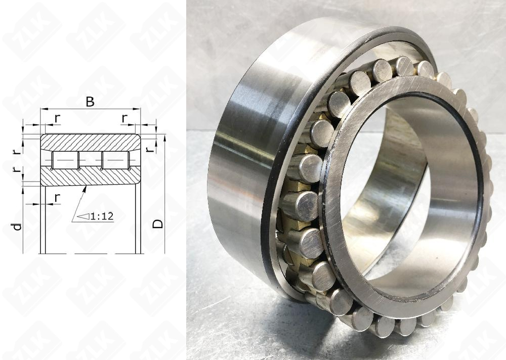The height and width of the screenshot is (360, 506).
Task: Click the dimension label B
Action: tap(90, 102)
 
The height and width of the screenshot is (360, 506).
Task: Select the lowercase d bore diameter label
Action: tap(17, 227)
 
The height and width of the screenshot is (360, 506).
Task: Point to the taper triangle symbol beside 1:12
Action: tap(83, 216)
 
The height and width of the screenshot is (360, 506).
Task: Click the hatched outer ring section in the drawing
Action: tap(91, 143)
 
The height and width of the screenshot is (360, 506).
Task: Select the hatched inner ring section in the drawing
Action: tap(91, 177)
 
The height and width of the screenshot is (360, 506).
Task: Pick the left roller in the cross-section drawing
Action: tap(65, 160)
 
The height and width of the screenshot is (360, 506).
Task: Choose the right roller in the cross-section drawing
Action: tap(115, 160)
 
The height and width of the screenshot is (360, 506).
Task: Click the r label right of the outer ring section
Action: tap(147, 149)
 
